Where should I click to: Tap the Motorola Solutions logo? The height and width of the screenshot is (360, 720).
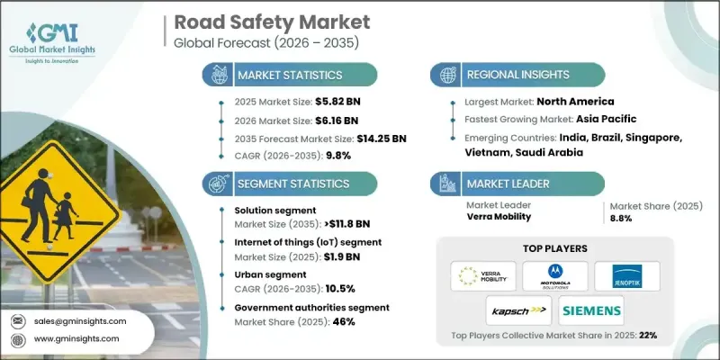coord(549,275)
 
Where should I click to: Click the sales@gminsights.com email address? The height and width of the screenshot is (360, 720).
coord(79,320)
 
